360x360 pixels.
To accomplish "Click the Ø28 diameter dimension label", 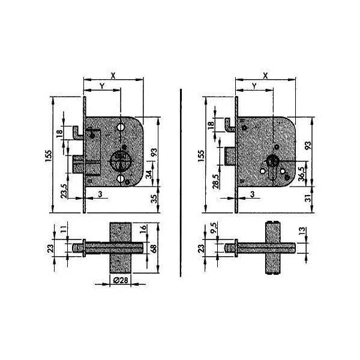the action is [x=121, y=280].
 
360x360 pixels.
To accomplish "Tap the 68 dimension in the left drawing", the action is [x=154, y=248].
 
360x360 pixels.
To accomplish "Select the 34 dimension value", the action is [x=149, y=175].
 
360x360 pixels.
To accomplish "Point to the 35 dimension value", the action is [x=155, y=199].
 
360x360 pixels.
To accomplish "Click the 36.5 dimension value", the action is [x=302, y=173].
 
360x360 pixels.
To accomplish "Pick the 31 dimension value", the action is [x=309, y=198].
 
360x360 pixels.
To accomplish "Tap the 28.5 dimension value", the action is [x=216, y=181].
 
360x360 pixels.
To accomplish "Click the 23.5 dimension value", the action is [x=64, y=191].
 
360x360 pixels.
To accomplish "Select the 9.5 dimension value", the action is [x=214, y=228].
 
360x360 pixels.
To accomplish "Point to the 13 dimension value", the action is [x=303, y=230].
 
